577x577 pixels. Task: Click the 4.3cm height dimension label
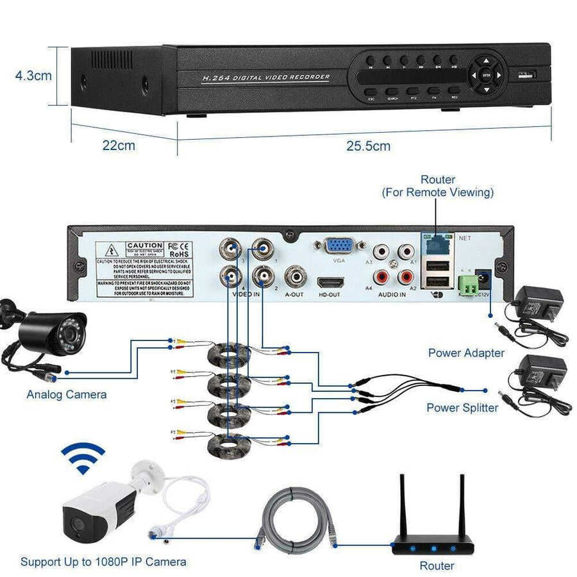[33, 76]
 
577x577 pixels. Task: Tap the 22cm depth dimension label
[119, 146]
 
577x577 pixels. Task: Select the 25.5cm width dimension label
[368, 146]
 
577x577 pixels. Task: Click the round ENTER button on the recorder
[485, 74]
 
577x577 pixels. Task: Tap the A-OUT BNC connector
[295, 278]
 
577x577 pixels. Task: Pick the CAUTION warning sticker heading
[144, 246]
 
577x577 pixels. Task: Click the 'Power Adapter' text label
[466, 353]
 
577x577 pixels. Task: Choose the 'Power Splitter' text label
[462, 408]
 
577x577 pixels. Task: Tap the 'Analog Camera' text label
[67, 394]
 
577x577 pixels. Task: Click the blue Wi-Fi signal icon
[82, 458]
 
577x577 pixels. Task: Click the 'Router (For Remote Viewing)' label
[438, 186]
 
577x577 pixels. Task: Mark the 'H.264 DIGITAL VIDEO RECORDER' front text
[265, 78]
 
